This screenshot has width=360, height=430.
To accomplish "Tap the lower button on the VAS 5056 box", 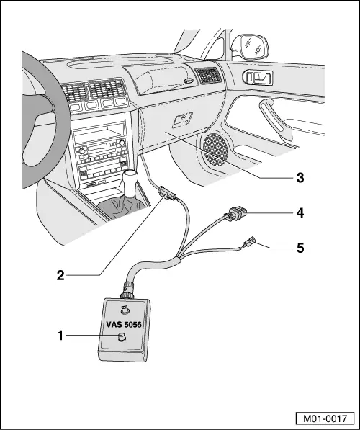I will (121, 338).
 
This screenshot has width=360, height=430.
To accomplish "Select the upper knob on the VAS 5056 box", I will (125, 310).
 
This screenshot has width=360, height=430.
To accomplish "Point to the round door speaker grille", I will (216, 147).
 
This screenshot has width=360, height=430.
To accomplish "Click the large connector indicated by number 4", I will (235, 215).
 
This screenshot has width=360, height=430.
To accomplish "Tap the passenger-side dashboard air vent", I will (210, 75).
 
